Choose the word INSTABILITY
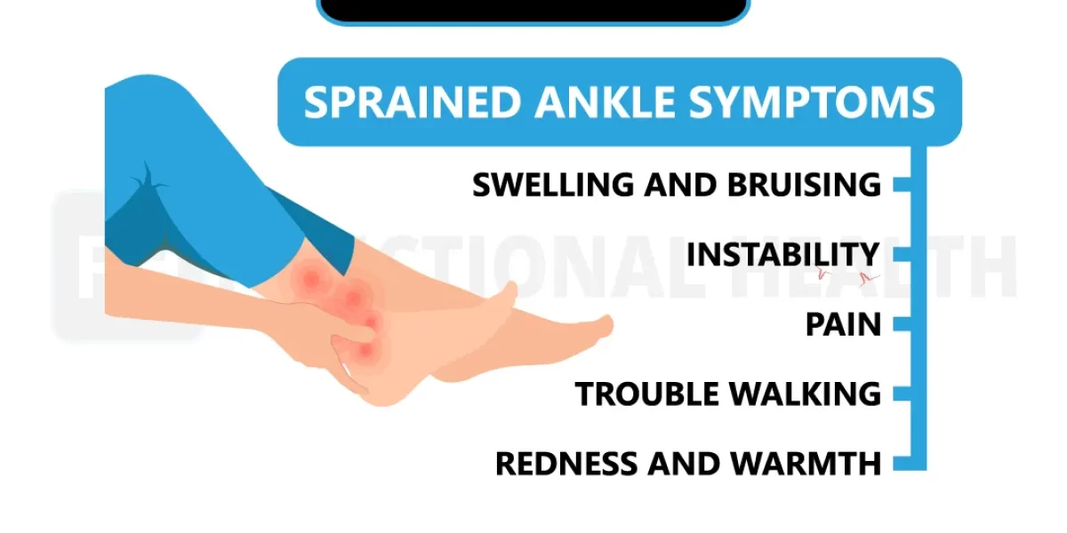(782, 255)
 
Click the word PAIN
(843, 324)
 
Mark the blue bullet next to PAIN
(902, 324)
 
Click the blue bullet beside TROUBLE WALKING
(902, 394)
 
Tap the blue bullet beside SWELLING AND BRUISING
(902, 185)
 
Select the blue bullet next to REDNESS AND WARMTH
(902, 463)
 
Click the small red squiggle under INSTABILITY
(867, 278)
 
